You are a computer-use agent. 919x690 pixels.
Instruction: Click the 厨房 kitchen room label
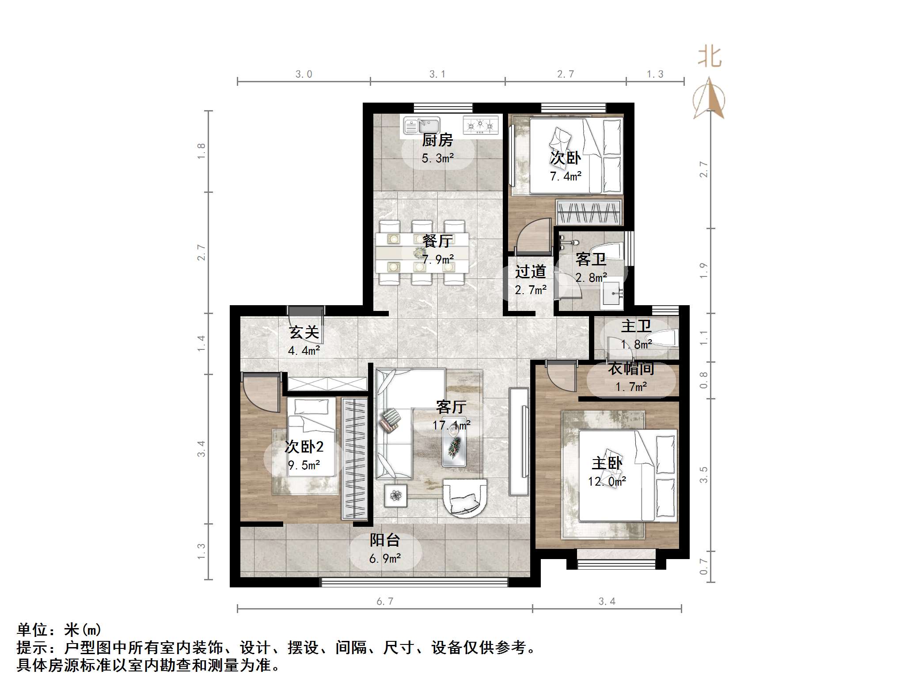pos(437,140)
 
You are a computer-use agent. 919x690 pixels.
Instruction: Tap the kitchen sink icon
pos(422,125)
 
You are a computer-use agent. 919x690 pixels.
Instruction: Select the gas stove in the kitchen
pos(480,125)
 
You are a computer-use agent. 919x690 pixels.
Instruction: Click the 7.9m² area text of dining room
pos(438,260)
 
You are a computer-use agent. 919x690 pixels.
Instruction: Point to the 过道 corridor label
pos(530,272)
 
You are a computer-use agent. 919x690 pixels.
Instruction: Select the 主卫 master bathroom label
pos(636,326)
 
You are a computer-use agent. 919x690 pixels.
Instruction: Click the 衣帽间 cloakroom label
pos(631,368)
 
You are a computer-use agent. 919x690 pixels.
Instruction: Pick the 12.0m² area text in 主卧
pos(607,481)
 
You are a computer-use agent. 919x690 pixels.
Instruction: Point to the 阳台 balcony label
pos(384,540)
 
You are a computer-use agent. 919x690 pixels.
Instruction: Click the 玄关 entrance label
pos(304,332)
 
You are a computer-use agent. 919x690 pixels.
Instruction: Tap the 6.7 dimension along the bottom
pos(384,602)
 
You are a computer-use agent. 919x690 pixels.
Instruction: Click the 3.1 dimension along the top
pos(437,74)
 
